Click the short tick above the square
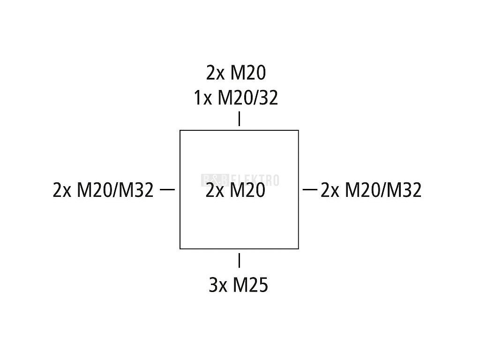pos(240,119)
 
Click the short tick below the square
pos(240,260)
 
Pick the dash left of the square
pos(167,190)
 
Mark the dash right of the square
pos(310,190)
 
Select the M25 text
pos(251,285)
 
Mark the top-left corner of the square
pos(180,131)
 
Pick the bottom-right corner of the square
pos(299,248)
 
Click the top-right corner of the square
pos(299,131)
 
